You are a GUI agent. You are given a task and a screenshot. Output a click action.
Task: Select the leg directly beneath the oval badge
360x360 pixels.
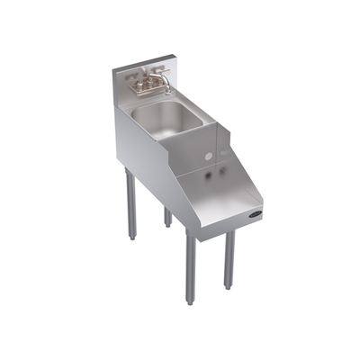pos(229,256)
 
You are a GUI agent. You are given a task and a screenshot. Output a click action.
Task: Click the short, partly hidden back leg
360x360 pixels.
pos(167,217)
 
